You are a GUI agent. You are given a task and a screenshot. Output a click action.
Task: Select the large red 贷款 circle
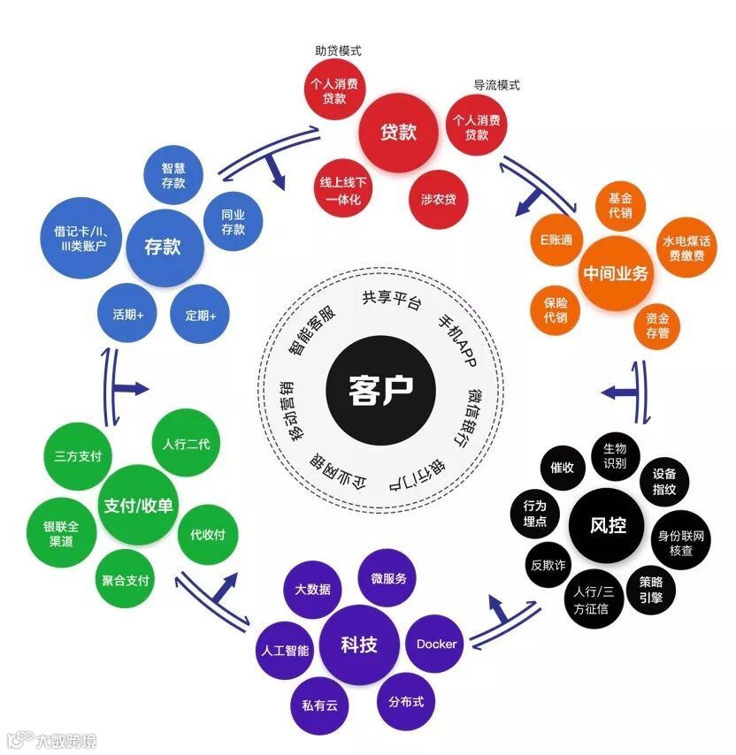coord(398,133)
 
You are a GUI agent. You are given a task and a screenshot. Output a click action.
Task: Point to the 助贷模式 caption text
coord(338,51)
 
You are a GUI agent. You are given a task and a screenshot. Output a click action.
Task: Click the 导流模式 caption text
coord(496,86)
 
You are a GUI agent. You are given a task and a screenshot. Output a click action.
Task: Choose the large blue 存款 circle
coord(163,246)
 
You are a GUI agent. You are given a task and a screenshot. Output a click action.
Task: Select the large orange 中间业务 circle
coord(616,273)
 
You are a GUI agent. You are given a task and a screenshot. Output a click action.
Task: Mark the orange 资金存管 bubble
coord(657,324)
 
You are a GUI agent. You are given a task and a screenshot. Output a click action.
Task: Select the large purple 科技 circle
coord(359,644)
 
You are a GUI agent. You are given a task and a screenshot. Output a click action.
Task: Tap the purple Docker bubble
coord(436,644)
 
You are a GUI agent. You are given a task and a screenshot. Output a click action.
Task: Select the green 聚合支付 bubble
coord(126,581)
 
